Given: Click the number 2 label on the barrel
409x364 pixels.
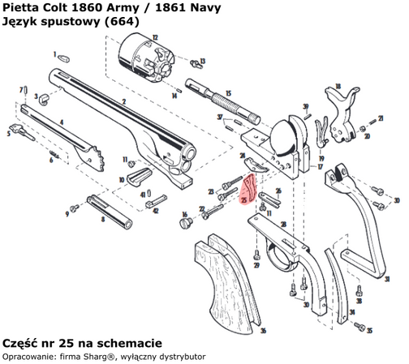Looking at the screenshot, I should [123, 101].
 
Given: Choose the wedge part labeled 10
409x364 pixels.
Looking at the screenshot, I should [139, 173].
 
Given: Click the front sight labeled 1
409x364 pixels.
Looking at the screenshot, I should [63, 57].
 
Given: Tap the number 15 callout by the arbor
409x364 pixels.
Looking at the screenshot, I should [228, 93].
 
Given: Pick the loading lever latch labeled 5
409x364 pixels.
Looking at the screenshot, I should [17, 130].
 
